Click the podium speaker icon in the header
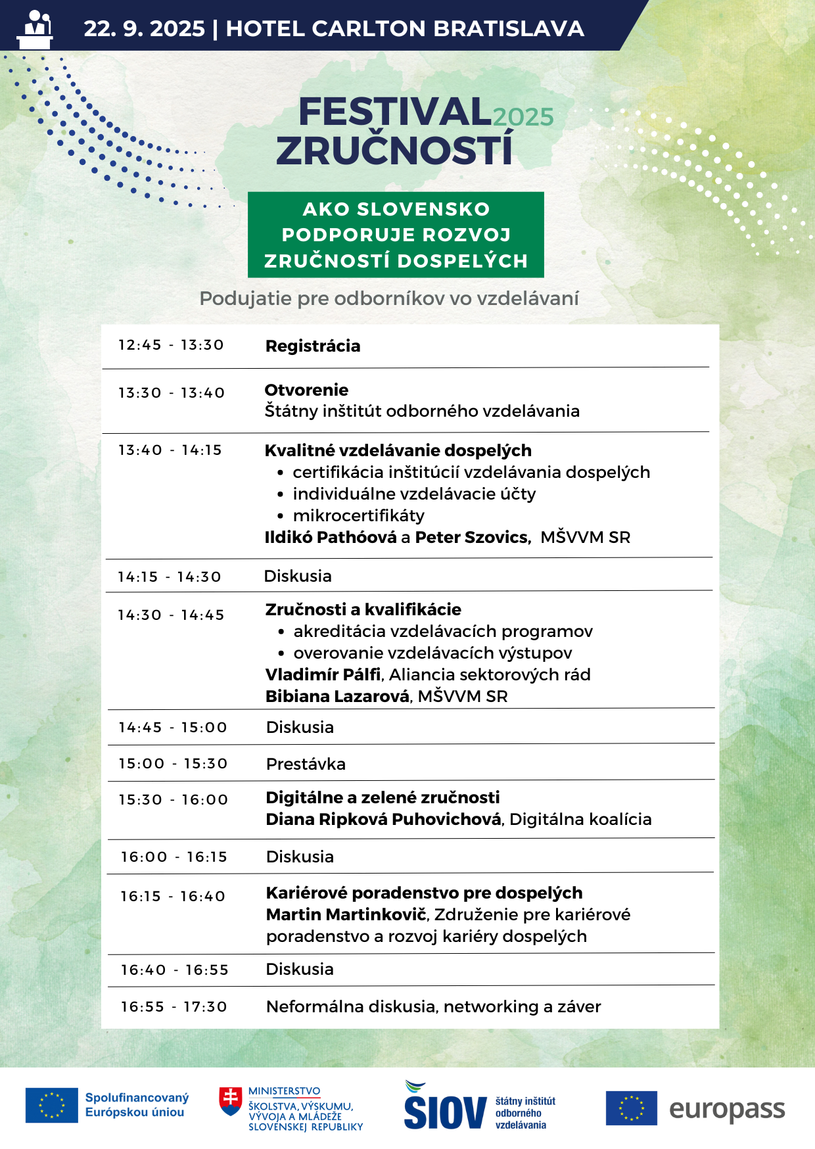35,29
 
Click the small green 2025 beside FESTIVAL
523,117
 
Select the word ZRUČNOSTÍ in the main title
394,151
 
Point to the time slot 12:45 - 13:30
171,345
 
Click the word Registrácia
313,346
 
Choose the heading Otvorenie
306,390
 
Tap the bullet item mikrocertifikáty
359,515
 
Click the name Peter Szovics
472,537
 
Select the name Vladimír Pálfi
323,674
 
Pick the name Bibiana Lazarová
338,696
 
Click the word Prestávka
306,764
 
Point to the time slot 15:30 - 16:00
174,800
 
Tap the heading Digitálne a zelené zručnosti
383,797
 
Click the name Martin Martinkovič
346,914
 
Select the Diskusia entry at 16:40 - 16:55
300,969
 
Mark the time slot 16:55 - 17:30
174,1007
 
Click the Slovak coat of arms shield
230,1102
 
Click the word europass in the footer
727,1110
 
